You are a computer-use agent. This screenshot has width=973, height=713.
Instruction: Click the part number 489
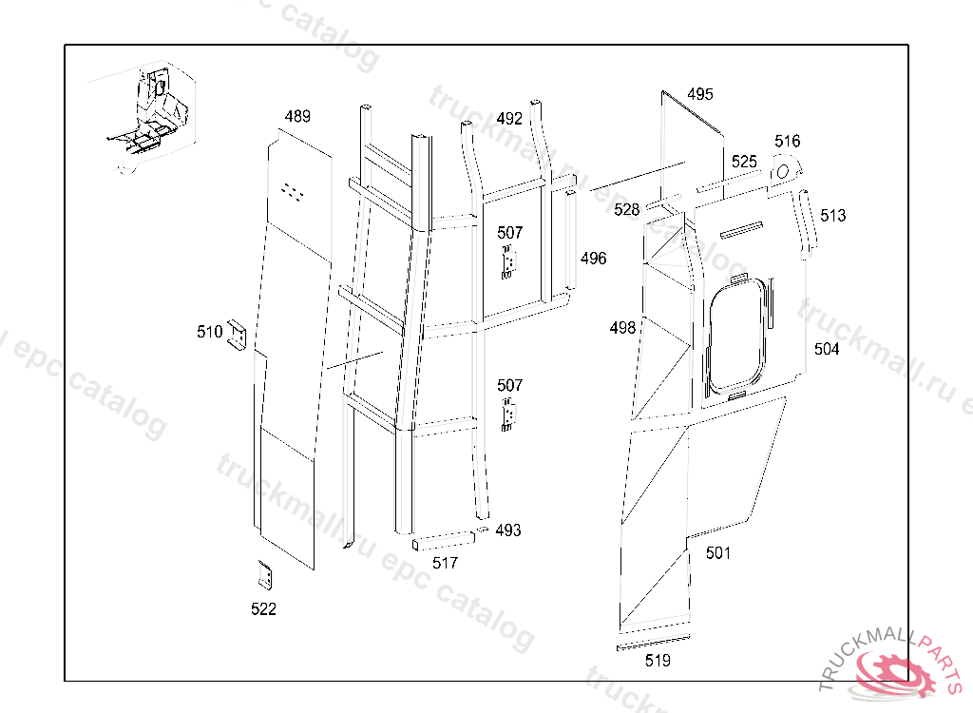tap(297, 116)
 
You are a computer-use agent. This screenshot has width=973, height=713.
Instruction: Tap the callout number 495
tap(700, 94)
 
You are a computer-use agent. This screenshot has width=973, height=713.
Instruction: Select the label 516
tap(787, 142)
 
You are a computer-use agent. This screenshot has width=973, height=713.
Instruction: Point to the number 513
tap(832, 216)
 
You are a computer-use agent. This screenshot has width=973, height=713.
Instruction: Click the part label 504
tap(827, 349)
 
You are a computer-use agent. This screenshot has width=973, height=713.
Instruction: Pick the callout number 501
tap(718, 552)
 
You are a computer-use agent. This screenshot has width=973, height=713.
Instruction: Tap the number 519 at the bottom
tap(658, 661)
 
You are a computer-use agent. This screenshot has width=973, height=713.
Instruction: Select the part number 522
tap(263, 609)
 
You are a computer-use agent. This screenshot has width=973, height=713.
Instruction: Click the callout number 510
tap(210, 333)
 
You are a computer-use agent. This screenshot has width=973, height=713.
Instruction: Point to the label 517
tap(445, 564)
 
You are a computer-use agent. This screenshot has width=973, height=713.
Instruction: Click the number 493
tap(508, 530)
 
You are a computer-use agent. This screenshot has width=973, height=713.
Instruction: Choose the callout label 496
tap(593, 259)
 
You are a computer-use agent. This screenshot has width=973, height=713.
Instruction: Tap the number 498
tap(622, 328)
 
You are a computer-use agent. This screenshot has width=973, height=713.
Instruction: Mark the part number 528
tap(627, 210)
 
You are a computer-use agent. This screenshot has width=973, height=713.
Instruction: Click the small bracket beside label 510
tap(237, 336)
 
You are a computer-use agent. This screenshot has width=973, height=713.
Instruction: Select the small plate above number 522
tap(266, 575)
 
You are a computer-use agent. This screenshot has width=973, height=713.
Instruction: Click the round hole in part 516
tap(783, 171)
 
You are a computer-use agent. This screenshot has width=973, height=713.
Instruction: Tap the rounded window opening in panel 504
tap(736, 336)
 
